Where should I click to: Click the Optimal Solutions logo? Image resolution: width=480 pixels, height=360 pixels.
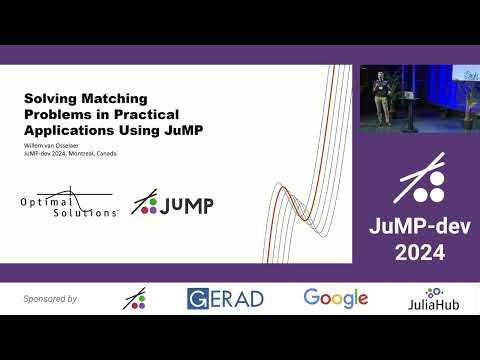[72, 205]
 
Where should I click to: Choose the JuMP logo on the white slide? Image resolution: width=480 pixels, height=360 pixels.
[173, 206]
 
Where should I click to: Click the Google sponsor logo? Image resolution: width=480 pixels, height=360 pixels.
[336, 298]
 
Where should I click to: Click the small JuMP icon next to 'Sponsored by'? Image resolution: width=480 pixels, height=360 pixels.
[135, 299]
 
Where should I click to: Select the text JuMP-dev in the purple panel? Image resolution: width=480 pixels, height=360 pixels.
[420, 224]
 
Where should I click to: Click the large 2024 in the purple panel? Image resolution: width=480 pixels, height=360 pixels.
[420, 251]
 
